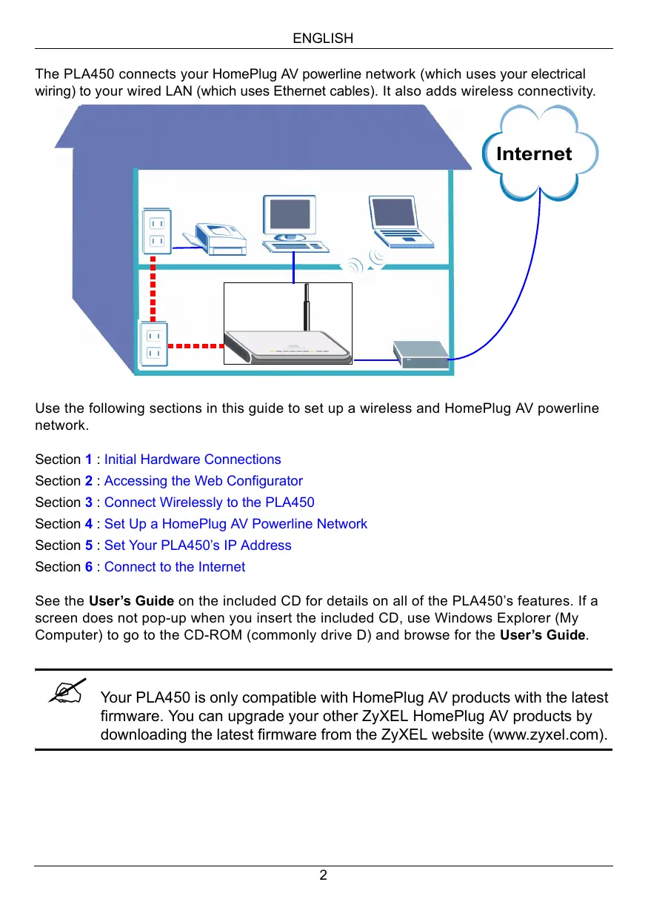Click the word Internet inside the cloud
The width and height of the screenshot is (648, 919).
[x=534, y=154]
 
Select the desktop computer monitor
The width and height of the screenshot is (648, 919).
[x=291, y=216]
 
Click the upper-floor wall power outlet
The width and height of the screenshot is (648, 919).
[x=156, y=231]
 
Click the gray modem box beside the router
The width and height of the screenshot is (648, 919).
[x=420, y=354]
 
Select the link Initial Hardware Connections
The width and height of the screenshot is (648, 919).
[x=193, y=459]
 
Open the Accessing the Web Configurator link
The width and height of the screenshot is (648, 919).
[x=203, y=481]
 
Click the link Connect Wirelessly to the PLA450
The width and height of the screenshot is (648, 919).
[x=209, y=502]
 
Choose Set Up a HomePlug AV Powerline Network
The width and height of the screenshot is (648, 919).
[x=236, y=524]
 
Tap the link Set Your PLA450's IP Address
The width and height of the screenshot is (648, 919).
[x=198, y=545]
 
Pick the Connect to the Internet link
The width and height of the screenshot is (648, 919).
[x=175, y=567]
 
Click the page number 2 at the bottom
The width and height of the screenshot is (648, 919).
[x=323, y=875]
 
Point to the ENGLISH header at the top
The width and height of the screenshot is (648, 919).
[x=323, y=38]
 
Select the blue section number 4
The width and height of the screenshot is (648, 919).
[x=89, y=524]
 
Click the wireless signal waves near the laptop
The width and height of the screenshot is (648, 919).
[x=366, y=262]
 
